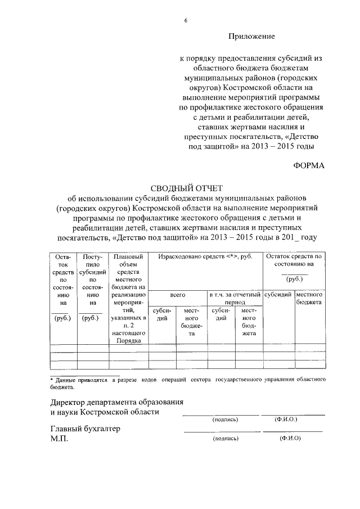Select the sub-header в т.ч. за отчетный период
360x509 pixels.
(x=235, y=298)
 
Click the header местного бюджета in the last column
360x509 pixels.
(x=309, y=298)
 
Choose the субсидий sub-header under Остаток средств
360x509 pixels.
(x=278, y=294)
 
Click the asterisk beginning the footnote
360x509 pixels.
(x=52, y=380)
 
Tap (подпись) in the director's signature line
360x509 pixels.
(x=225, y=419)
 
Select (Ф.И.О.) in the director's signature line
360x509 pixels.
(x=286, y=419)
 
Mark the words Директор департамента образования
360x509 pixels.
(x=116, y=402)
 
